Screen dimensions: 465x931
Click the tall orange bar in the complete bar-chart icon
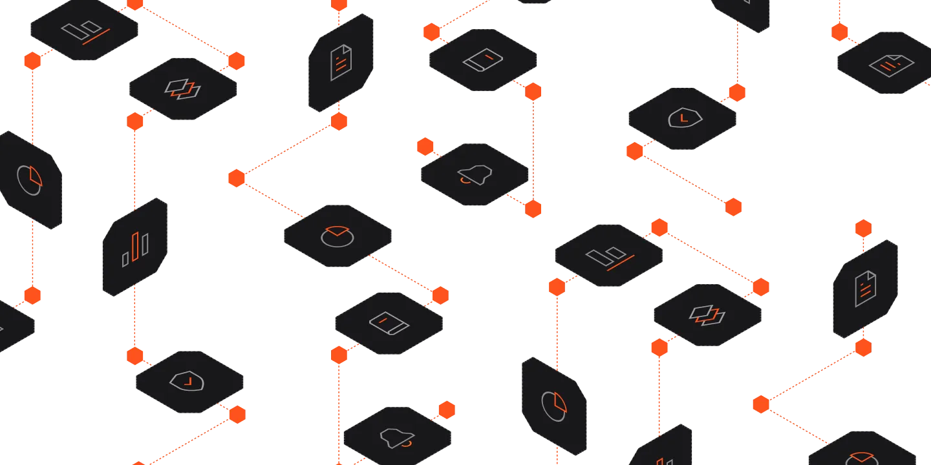tap(135, 246)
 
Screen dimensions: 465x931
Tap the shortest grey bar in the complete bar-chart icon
tap(125, 259)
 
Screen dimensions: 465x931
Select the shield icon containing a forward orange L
tap(683, 118)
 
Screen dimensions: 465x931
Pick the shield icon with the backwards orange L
tap(186, 382)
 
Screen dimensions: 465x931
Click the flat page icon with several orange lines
tap(890, 64)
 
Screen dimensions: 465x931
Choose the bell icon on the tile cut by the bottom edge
tap(397, 438)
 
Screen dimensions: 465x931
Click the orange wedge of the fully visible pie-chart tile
tap(561, 401)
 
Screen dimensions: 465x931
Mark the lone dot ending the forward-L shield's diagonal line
tap(733, 207)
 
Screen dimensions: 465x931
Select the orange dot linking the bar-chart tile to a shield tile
tap(134, 355)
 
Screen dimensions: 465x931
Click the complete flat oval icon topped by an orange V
tap(337, 235)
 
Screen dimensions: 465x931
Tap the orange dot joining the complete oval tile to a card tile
tap(440, 295)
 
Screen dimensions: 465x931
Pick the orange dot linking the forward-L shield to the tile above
tap(736, 93)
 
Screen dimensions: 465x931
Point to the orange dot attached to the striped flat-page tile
tap(839, 31)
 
